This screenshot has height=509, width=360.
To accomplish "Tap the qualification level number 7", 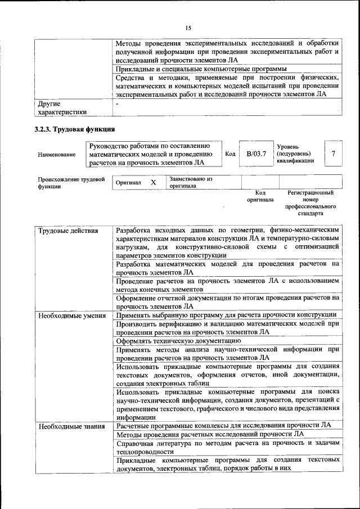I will click(334, 154).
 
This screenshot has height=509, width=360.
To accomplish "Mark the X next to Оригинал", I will click(153, 183).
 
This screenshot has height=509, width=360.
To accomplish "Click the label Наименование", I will click(57, 154).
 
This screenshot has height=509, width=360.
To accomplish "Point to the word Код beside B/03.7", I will click(230, 154).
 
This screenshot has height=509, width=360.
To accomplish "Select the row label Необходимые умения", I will click(72, 315).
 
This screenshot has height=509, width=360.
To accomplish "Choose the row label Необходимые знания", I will click(71, 426).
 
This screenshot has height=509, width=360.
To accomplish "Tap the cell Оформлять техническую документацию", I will click(175, 340).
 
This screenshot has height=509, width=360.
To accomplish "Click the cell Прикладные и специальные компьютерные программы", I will click(197, 69).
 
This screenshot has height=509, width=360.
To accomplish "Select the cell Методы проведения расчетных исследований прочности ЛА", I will click(210, 434).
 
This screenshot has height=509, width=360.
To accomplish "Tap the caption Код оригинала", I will click(260, 196).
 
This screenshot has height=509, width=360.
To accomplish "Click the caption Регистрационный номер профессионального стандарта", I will click(310, 203).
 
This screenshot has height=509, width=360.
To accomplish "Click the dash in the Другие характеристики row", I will click(117, 104).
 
